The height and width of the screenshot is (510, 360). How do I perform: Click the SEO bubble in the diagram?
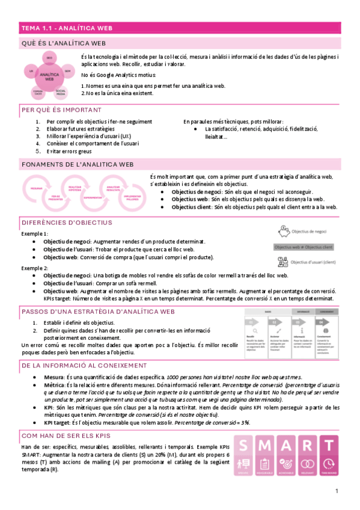49,58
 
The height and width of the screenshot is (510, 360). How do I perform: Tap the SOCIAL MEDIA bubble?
61,92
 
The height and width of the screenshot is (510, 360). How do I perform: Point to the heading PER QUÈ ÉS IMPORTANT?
61,111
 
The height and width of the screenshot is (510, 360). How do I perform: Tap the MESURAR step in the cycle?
36,188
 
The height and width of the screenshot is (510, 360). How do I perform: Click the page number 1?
337,492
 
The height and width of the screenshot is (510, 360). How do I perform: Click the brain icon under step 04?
325,331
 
